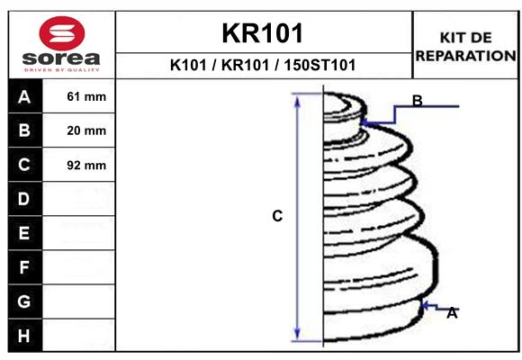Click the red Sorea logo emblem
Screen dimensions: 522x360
click(62, 33)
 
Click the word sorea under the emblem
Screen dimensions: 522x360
click(61, 58)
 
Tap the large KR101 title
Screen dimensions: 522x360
click(262, 33)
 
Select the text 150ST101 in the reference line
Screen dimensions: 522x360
click(319, 65)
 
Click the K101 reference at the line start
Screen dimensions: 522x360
click(188, 65)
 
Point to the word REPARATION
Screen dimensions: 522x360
click(465, 56)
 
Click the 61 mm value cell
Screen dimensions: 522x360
click(79, 96)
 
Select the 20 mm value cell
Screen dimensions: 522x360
click(79, 130)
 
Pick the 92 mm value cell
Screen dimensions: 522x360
click(79, 165)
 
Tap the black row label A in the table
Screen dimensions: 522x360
click(25, 96)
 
